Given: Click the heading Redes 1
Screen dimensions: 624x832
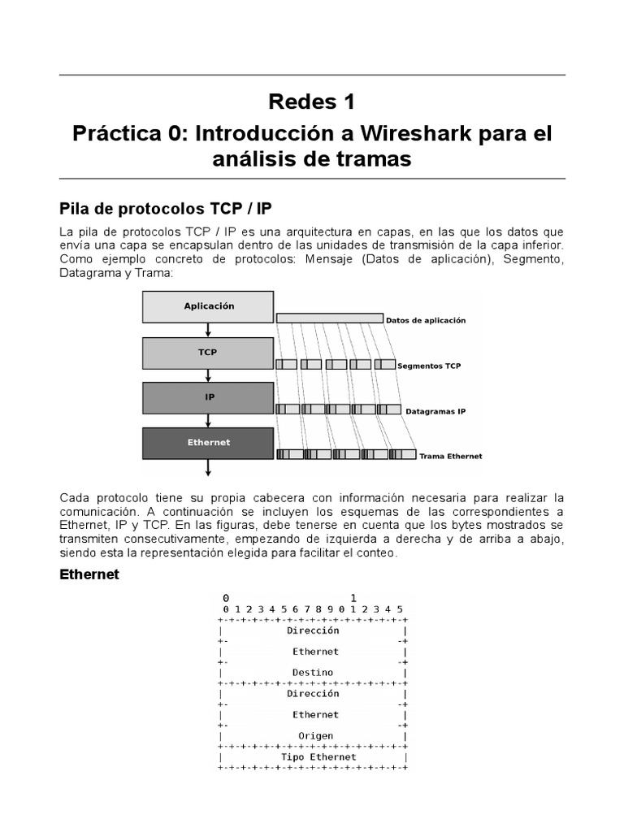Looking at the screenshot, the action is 312,102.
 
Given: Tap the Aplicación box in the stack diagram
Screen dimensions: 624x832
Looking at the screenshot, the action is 208,306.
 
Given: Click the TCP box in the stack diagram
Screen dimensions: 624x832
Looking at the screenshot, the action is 208,353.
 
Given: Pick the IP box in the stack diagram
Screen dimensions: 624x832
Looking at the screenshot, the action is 208,398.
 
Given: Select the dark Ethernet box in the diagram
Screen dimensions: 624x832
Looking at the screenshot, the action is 208,443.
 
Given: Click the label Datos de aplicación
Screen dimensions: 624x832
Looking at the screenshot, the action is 426,320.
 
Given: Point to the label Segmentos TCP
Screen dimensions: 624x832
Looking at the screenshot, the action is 429,366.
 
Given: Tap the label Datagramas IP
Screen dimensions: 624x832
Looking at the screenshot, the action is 436,411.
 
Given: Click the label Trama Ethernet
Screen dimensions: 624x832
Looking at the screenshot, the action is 450,456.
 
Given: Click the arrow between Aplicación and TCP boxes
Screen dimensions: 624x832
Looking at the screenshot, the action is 209,329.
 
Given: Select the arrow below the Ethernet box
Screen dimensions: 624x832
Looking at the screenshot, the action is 209,467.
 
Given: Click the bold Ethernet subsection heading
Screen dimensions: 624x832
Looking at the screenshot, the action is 89,574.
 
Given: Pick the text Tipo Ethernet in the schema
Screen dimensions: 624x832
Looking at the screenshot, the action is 318,757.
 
